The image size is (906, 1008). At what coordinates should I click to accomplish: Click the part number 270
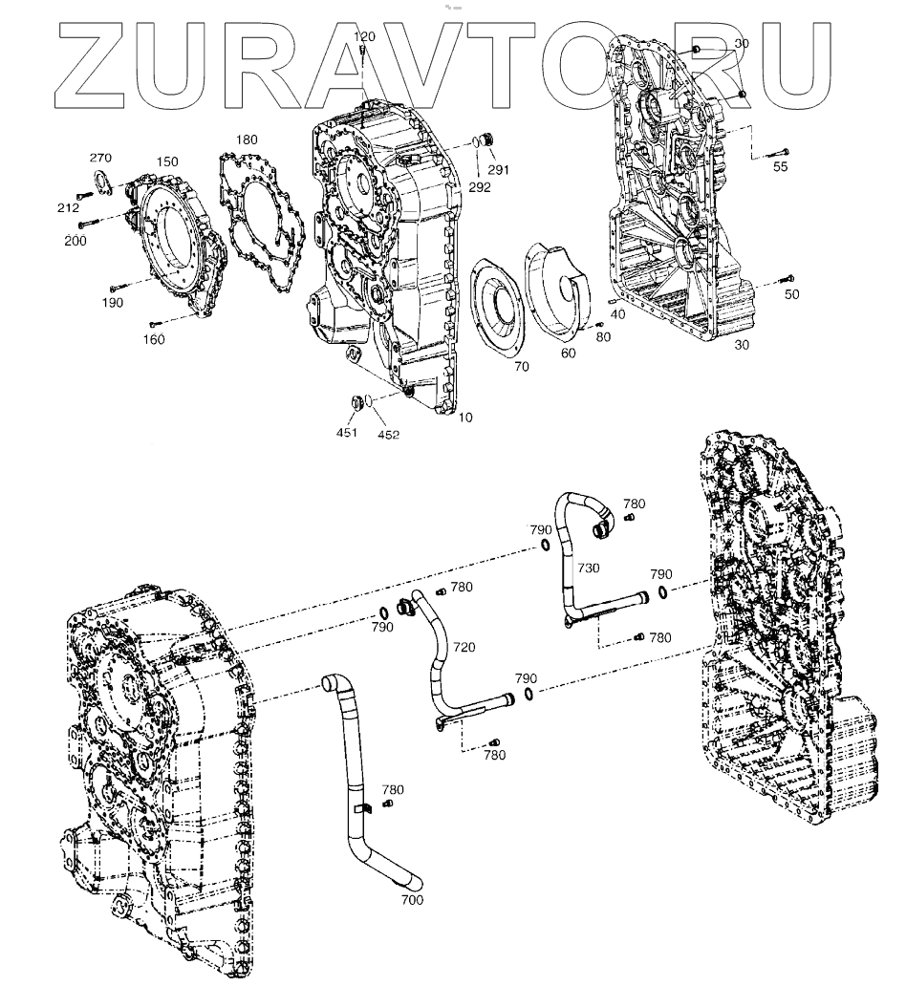pyautogui.click(x=101, y=158)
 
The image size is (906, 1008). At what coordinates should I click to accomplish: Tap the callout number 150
pyautogui.click(x=166, y=161)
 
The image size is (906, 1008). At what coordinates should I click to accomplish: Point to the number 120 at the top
pyautogui.click(x=365, y=36)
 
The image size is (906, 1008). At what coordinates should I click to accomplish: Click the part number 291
pyautogui.click(x=499, y=170)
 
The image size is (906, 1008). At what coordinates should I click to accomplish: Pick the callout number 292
pyautogui.click(x=481, y=187)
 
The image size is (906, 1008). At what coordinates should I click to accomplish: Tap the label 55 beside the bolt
pyautogui.click(x=781, y=167)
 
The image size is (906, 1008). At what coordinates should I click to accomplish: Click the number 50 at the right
pyautogui.click(x=792, y=294)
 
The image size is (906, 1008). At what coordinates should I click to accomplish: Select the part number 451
pyautogui.click(x=346, y=433)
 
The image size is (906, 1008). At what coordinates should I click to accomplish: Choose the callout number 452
pyautogui.click(x=387, y=435)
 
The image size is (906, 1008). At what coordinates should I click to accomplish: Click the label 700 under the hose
pyautogui.click(x=413, y=900)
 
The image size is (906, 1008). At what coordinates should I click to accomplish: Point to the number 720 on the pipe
pyautogui.click(x=464, y=647)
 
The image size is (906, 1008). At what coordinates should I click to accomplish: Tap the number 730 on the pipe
pyautogui.click(x=589, y=568)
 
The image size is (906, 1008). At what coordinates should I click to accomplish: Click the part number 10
pyautogui.click(x=465, y=418)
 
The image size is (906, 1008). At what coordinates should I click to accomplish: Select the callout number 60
pyautogui.click(x=569, y=354)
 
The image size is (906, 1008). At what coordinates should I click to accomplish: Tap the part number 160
pyautogui.click(x=154, y=339)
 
